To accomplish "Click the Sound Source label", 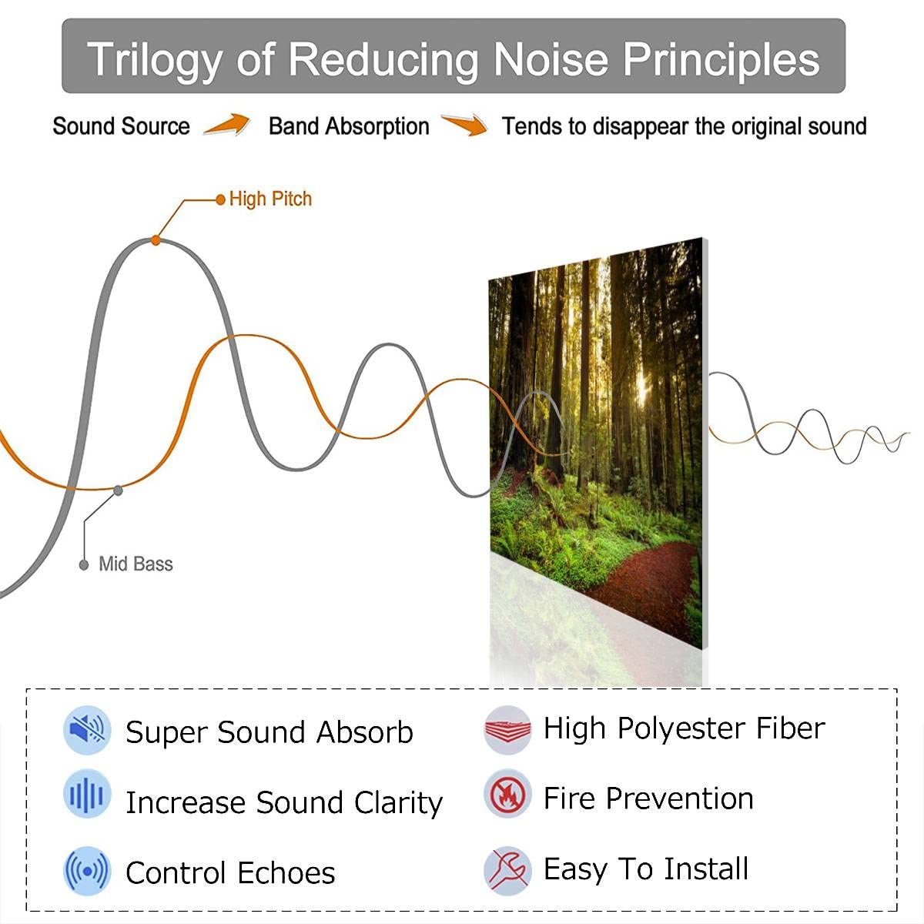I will [x=121, y=126].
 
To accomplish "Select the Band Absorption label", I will [x=349, y=126].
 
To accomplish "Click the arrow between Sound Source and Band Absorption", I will [x=227, y=125].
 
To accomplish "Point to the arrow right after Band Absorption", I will [x=464, y=125].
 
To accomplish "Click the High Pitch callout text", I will [x=270, y=199].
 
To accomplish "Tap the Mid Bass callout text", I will [x=136, y=564].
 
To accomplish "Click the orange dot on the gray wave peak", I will [x=156, y=240].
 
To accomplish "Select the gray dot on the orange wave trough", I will [x=118, y=490].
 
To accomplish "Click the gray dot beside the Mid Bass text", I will [x=84, y=565].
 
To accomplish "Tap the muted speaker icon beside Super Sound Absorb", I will [x=87, y=729].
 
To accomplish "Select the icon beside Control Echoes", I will [x=87, y=871].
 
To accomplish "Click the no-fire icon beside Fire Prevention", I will [x=507, y=794].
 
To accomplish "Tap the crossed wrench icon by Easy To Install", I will [x=507, y=869].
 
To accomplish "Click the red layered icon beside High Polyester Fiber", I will [x=507, y=728].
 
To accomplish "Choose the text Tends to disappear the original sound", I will [x=684, y=126].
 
